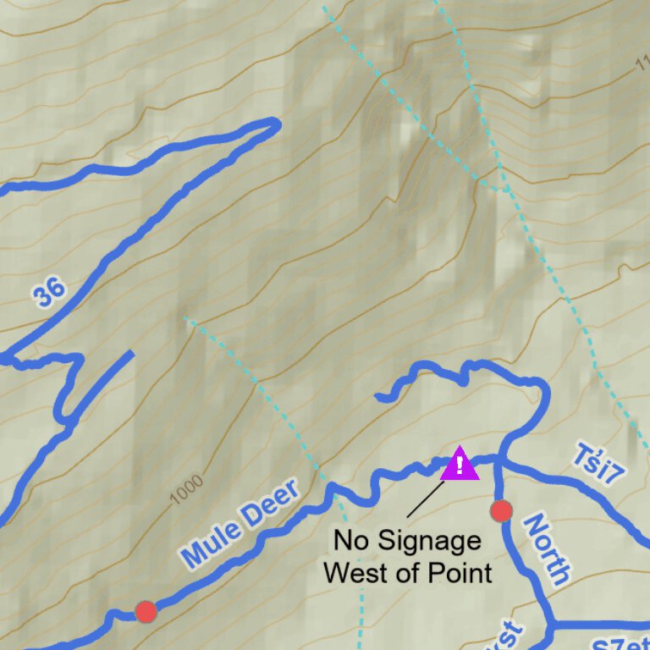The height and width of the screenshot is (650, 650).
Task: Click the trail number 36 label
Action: pyautogui.click(x=49, y=293)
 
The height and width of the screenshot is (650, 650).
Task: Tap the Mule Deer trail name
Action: pyautogui.click(x=240, y=523)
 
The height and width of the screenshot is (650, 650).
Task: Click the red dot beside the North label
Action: pyautogui.click(x=501, y=511)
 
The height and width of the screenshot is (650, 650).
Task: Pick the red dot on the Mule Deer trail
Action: pyautogui.click(x=146, y=611)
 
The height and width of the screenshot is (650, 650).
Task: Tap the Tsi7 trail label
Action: pyautogui.click(x=598, y=463)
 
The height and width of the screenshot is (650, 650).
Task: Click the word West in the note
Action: pyautogui.click(x=355, y=572)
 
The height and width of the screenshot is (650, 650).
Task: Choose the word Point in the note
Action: pyautogui.click(x=461, y=572)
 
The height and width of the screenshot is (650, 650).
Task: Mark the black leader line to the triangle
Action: pyautogui.click(x=425, y=499)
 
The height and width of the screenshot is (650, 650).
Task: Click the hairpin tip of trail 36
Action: pyautogui.click(x=275, y=124)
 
